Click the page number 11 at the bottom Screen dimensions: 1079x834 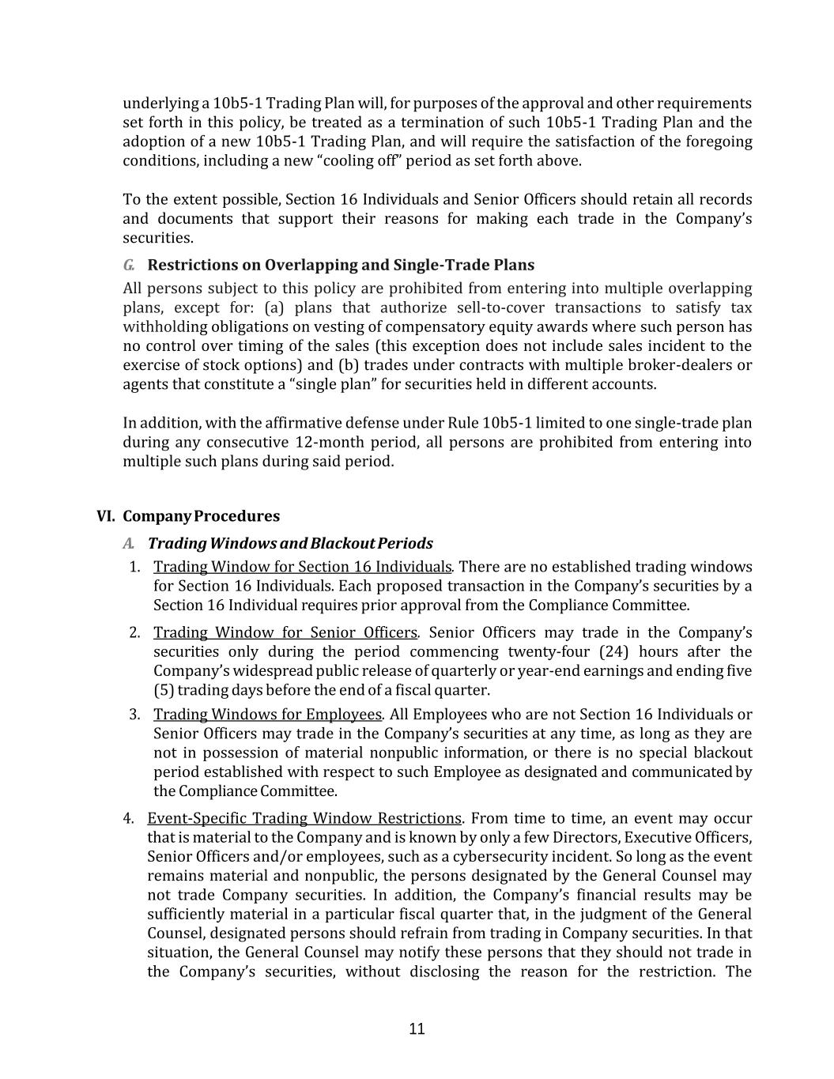417,1028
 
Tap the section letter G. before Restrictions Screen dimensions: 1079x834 129,265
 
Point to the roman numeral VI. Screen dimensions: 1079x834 106,516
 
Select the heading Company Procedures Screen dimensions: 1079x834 201,516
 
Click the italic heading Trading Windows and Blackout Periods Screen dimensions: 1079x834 290,543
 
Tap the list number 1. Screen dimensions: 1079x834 135,567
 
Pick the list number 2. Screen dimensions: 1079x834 135,632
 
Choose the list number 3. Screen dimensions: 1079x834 135,715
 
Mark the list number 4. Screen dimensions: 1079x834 129,818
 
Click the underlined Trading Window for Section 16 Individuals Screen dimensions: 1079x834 302,567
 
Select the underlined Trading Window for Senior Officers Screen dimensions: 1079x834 285,632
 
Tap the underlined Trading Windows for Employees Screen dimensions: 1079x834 267,715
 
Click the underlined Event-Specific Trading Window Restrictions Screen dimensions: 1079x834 304,818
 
